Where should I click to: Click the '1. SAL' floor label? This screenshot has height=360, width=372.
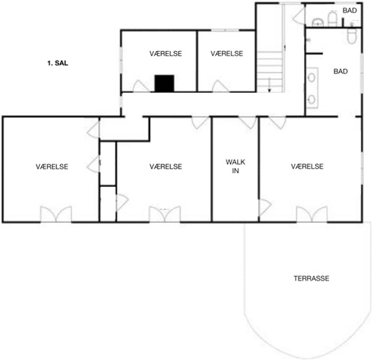pyautogui.click(x=58, y=63)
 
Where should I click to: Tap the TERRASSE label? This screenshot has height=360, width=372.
pyautogui.click(x=311, y=278)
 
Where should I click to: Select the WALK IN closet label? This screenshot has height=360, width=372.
pyautogui.click(x=235, y=166)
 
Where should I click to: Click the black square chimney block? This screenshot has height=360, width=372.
pyautogui.click(x=164, y=83)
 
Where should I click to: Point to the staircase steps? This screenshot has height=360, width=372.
pyautogui.click(x=270, y=71)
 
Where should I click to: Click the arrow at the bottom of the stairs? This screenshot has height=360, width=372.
pyautogui.click(x=269, y=85)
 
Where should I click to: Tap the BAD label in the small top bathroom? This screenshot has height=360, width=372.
pyautogui.click(x=349, y=10)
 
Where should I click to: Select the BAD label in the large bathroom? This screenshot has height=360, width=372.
pyautogui.click(x=340, y=71)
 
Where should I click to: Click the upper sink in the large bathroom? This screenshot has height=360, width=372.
pyautogui.click(x=311, y=77)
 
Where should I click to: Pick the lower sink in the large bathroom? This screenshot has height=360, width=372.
pyautogui.click(x=311, y=100)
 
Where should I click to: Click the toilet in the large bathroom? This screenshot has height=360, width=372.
pyautogui.click(x=352, y=36)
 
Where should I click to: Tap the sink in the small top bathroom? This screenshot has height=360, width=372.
pyautogui.click(x=318, y=22)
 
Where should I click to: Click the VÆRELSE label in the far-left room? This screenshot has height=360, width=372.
pyautogui.click(x=52, y=166)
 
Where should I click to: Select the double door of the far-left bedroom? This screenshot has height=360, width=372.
pyautogui.click(x=56, y=214)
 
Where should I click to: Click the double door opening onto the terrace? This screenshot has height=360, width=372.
pyautogui.click(x=312, y=214)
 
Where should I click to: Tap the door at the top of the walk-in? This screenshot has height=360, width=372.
pyautogui.click(x=248, y=122)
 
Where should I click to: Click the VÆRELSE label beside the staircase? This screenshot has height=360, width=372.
pyautogui.click(x=226, y=53)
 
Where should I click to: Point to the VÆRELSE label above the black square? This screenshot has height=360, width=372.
pyautogui.click(x=166, y=53)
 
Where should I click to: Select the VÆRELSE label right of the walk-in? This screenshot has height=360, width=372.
pyautogui.click(x=307, y=166)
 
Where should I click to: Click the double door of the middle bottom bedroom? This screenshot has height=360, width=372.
pyautogui.click(x=165, y=214)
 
